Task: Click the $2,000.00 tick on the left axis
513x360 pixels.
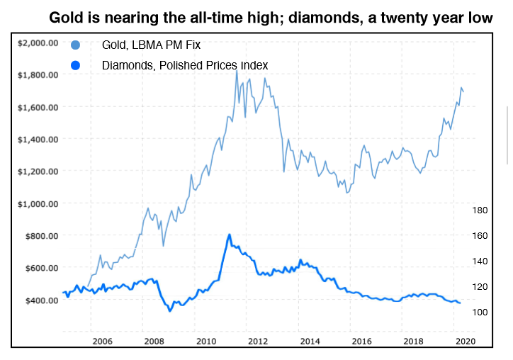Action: [x=38, y=43]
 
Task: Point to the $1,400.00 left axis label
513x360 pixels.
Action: [x=38, y=139]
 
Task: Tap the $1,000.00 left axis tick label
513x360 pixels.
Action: [x=38, y=203]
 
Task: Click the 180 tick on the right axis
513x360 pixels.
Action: [x=480, y=210]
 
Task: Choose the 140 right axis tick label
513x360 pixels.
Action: [x=480, y=261]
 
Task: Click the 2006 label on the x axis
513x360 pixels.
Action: [x=103, y=341]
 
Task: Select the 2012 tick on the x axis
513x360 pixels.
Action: [x=258, y=341]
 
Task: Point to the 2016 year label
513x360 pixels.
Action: [x=361, y=341]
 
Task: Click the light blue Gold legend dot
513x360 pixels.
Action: [x=76, y=45]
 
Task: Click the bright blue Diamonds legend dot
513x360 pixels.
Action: [x=76, y=65]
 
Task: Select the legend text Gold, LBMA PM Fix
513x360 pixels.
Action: [x=152, y=45]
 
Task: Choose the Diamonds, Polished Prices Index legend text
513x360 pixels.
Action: [x=185, y=65]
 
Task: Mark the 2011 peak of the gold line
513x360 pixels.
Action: [x=237, y=69]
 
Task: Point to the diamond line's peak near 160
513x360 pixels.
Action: [x=230, y=235]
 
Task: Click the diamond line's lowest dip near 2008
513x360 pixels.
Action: [x=170, y=310]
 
